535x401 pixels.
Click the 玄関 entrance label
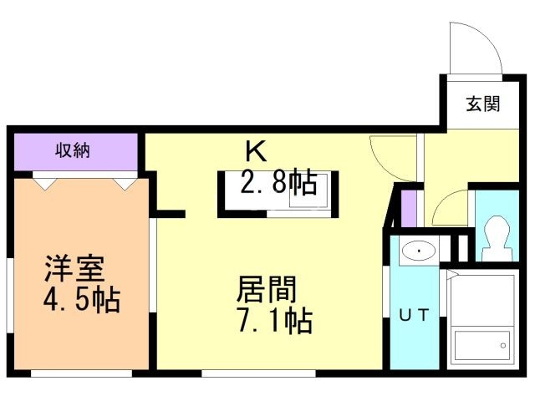pyautogui.click(x=483, y=105)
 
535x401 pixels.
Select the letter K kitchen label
pyautogui.click(x=255, y=152)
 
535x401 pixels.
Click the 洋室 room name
pyautogui.click(x=74, y=271)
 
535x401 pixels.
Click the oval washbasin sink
pyautogui.click(x=415, y=251)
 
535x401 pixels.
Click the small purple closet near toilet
pyautogui.click(x=407, y=209)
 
